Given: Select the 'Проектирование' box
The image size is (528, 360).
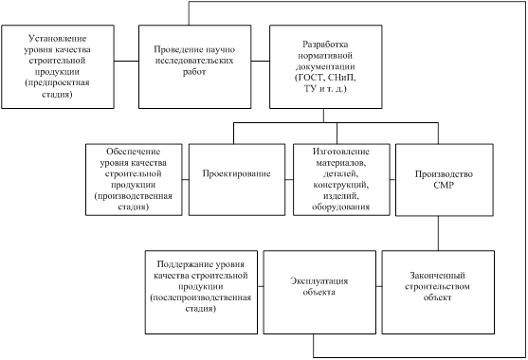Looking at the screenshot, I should pos(237,174).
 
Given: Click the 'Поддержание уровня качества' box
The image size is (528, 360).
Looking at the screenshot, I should pos(202,291).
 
